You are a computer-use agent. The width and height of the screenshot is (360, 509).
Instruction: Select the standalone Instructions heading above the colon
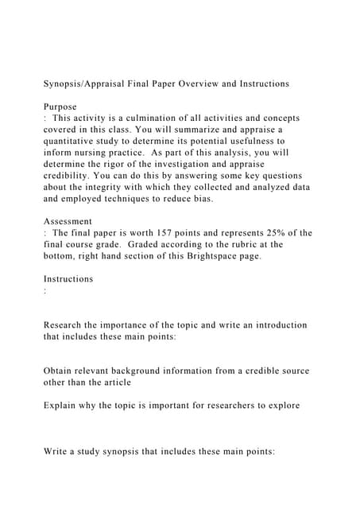coord(68,278)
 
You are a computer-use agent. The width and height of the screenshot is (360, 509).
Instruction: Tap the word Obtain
coord(60,371)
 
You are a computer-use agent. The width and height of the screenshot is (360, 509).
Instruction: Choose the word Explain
coord(62,405)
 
